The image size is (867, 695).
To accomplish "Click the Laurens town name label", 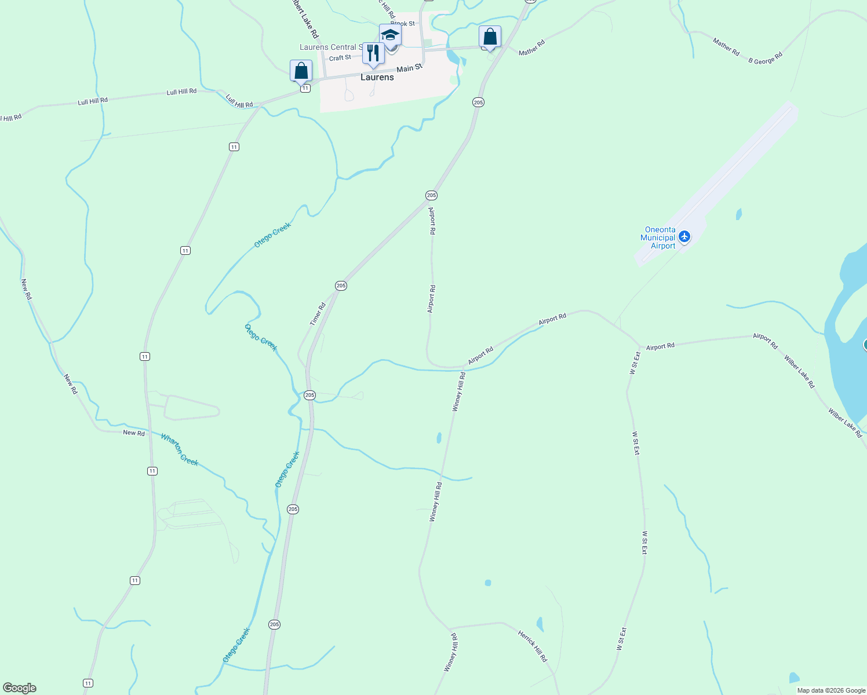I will [377, 77].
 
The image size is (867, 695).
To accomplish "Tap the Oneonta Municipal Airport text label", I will [658, 238].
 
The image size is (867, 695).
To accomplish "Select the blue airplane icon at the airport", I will [685, 237].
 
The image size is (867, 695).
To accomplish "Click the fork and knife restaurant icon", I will [373, 53].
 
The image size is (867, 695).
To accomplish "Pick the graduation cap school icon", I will [390, 35].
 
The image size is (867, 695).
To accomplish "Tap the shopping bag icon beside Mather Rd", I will [490, 37].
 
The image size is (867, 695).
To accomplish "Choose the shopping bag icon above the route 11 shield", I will [301, 71].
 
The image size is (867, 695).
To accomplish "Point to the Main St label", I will [410, 68].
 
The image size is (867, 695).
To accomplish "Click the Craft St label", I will [340, 58].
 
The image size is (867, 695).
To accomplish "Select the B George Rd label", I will [765, 58].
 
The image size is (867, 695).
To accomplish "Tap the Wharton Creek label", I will [180, 449].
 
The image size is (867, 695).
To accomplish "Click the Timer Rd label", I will [318, 314].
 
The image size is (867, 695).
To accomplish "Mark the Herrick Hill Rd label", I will [532, 646].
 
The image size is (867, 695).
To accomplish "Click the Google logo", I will [20, 688].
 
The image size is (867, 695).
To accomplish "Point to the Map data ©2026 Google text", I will [831, 690].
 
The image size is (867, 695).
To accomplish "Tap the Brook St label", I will [403, 24].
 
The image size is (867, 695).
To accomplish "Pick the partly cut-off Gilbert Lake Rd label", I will [304, 17].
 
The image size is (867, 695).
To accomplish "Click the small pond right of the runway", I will [738, 215].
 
